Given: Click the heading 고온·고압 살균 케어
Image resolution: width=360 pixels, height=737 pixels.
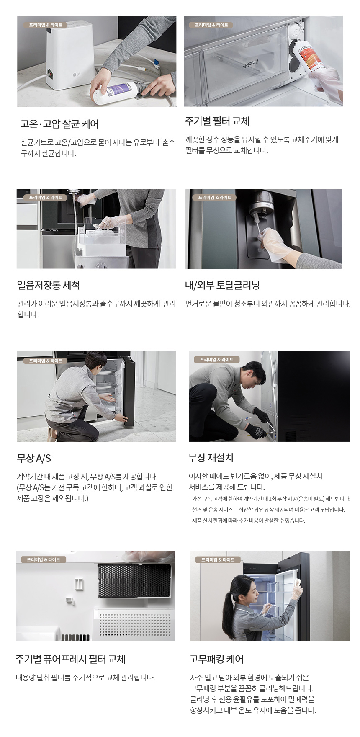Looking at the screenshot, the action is coord(59,124).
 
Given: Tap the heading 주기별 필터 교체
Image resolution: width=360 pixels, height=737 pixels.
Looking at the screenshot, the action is coord(217,121).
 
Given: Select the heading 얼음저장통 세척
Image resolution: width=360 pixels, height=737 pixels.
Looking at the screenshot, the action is coord(49,285).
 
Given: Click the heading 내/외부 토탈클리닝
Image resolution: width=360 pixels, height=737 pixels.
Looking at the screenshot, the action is coord(222,285).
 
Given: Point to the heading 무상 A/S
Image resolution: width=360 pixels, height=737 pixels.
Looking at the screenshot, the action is coord(34,458).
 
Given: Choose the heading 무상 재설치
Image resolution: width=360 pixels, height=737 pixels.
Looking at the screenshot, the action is coord(211,458).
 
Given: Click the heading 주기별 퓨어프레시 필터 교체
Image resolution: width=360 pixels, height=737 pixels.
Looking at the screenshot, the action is coord(70,659).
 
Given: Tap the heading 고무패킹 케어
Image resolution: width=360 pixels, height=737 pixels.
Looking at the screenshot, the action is coord(216,659).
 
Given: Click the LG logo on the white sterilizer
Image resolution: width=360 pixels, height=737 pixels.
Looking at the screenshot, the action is coord(76,75).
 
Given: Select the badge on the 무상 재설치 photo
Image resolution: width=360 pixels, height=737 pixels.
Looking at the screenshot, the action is coord(216,360).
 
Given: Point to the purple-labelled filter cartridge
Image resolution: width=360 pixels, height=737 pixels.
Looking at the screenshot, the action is coord(115,93).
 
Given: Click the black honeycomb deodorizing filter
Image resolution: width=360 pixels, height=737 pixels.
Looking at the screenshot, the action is coord(134,580).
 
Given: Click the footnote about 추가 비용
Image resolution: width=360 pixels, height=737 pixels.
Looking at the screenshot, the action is coord(247,521).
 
